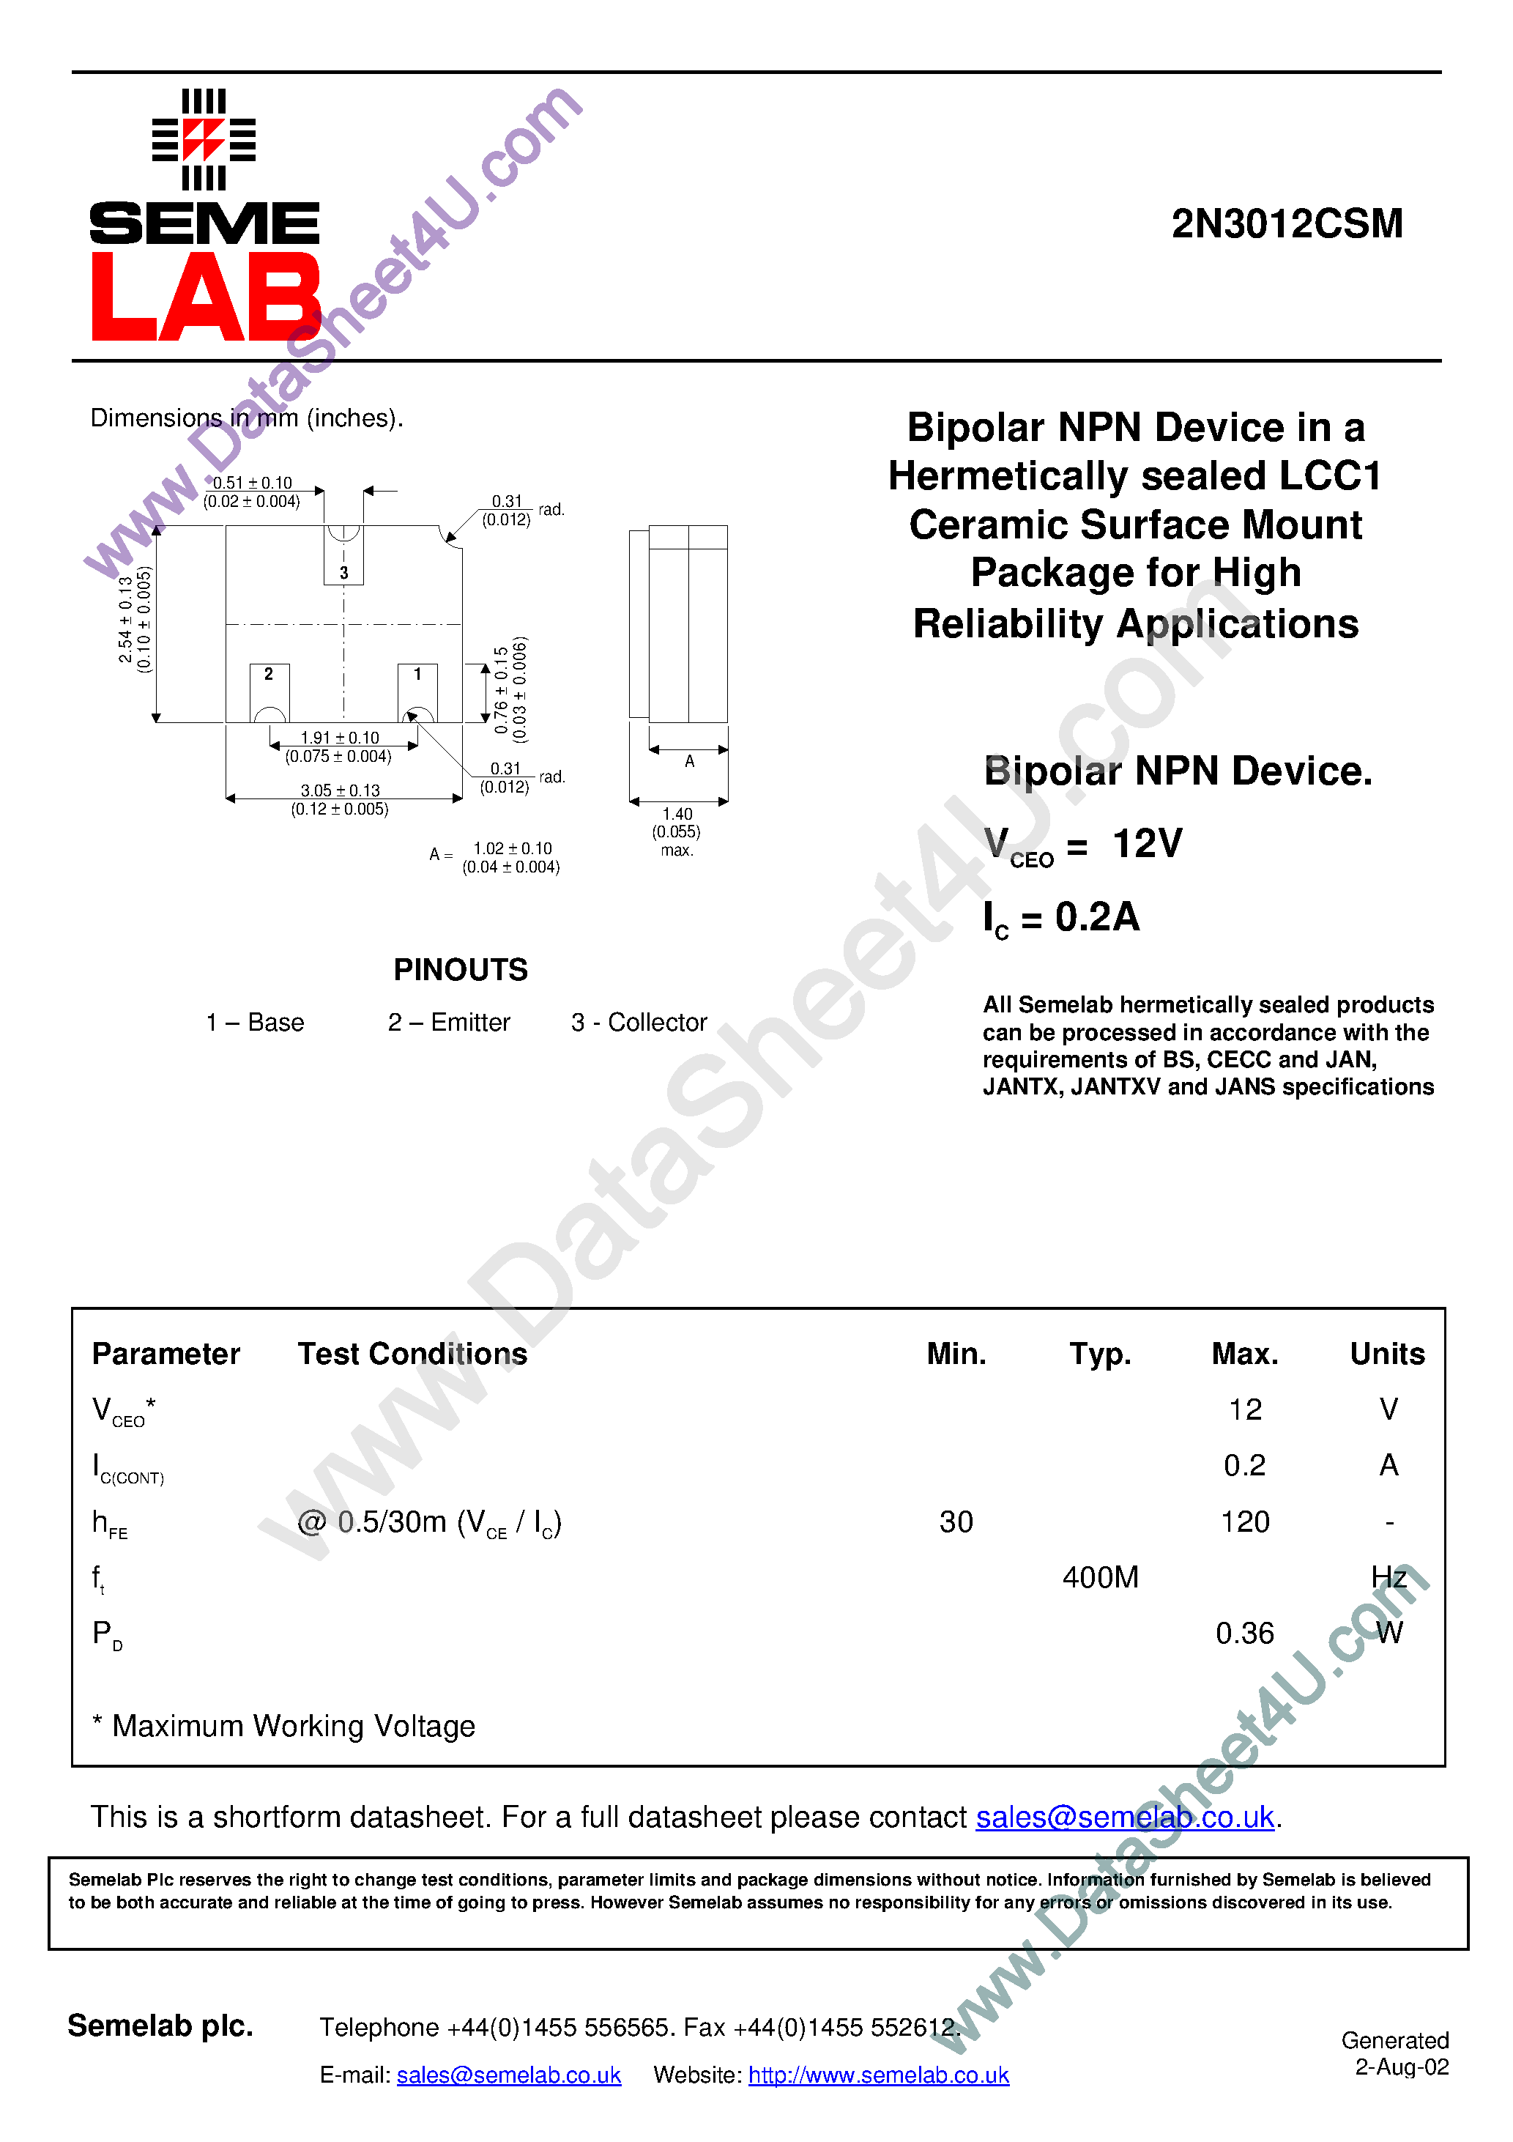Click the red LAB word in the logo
pyautogui.click(x=205, y=297)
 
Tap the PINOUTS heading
pyautogui.click(x=460, y=970)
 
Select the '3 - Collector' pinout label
pyautogui.click(x=639, y=1023)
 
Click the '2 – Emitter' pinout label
pyautogui.click(x=449, y=1023)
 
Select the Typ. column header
pyautogui.click(x=1100, y=1354)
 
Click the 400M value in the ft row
pyautogui.click(x=1100, y=1578)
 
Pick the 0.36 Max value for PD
pyautogui.click(x=1244, y=1634)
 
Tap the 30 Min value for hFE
pyautogui.click(x=956, y=1522)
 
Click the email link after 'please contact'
pyautogui.click(x=1124, y=1817)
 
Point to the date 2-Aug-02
pyautogui.click(x=1401, y=2067)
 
